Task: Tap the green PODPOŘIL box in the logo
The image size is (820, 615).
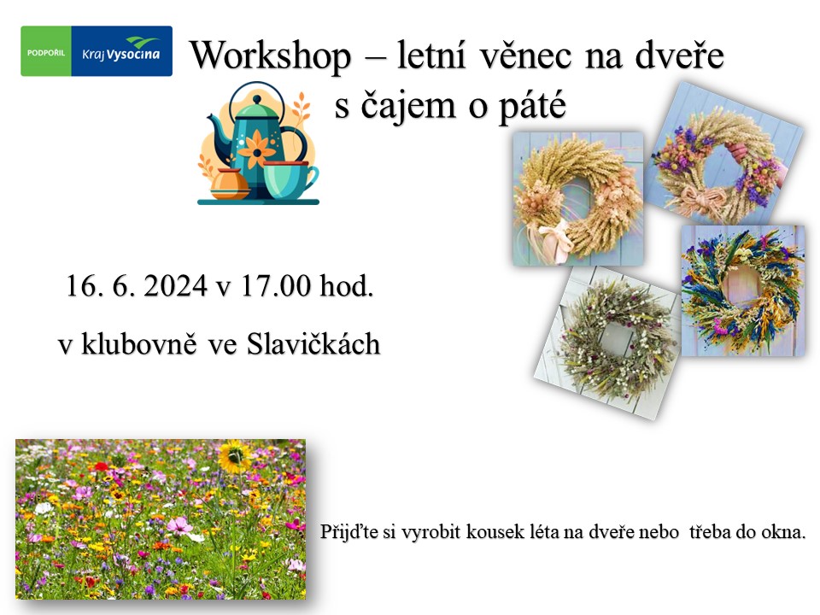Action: [46, 51]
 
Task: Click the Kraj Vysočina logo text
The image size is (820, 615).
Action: [120, 53]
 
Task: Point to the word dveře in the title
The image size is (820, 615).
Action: [679, 55]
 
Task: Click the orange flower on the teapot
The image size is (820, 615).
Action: [256, 149]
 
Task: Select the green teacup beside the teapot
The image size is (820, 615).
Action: [289, 179]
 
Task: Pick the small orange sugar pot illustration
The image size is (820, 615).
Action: [230, 184]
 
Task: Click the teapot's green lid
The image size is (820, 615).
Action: [255, 109]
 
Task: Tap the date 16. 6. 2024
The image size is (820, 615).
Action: [137, 286]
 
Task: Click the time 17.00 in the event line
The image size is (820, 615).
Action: [276, 286]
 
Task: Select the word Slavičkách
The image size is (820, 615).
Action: [313, 344]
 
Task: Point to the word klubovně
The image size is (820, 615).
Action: [139, 344]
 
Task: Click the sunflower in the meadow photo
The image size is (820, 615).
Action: [234, 456]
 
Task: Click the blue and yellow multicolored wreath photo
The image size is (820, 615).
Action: [742, 291]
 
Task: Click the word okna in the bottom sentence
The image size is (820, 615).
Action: [783, 532]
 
